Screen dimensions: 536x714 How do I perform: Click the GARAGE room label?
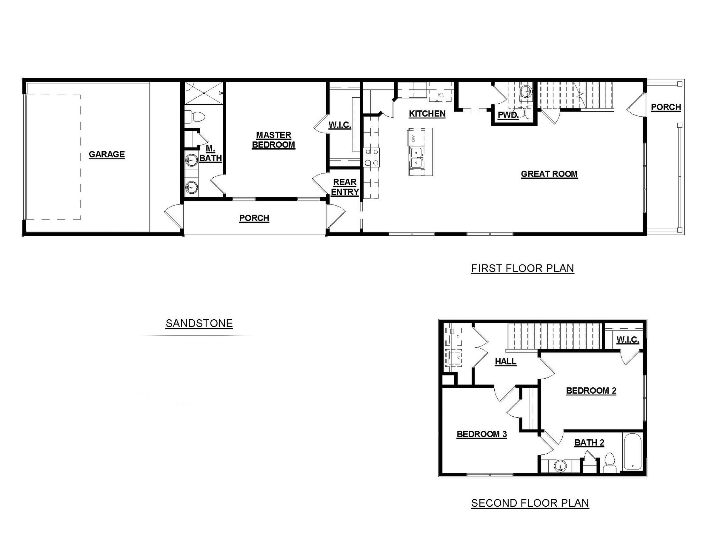pos(107,154)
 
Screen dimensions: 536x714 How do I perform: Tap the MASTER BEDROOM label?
pos(273,140)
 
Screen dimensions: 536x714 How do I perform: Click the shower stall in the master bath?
pos(203,93)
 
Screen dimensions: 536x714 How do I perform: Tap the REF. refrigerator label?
pos(441,95)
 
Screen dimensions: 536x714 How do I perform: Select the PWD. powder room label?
pos(508,115)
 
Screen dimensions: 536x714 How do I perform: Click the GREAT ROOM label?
pos(549,174)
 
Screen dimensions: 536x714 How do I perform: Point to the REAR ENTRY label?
pos(345,187)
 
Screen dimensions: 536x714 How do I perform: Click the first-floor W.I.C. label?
pos(340,125)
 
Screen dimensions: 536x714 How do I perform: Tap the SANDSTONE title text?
pos(199,323)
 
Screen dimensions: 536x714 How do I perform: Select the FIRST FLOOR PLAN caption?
pos(522,268)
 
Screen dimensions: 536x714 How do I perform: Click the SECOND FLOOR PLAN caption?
pos(530,503)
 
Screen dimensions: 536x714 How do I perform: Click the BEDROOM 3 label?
pos(481,434)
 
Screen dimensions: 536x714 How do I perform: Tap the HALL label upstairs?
pos(506,361)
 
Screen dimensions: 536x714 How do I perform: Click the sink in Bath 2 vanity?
pos(560,466)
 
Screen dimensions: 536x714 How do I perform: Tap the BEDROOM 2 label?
pos(591,390)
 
